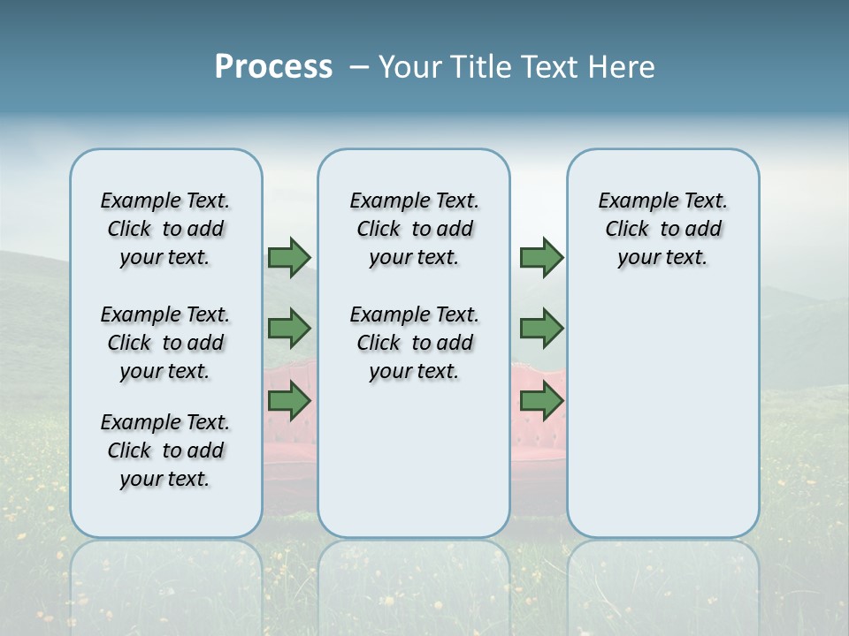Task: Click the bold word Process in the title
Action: point(273,67)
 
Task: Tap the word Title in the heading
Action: point(481,67)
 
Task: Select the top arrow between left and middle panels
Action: point(289,257)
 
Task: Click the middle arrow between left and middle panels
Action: point(289,329)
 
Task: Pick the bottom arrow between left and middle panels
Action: point(289,402)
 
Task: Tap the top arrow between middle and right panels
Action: point(541,257)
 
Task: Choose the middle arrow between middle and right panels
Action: point(541,329)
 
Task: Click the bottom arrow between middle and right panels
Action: point(541,402)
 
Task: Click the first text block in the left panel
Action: point(165,229)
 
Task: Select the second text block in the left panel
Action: point(165,343)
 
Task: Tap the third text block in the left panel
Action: point(165,450)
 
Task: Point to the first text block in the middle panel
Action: point(414,229)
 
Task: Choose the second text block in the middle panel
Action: point(414,343)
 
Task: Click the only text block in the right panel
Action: point(662,229)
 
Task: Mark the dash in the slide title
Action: point(358,67)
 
